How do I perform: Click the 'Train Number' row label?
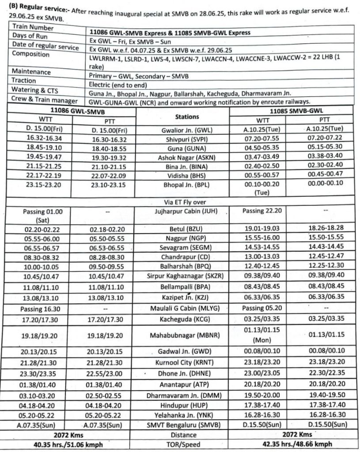[x=33, y=28]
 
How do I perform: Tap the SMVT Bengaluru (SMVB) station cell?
[x=183, y=426]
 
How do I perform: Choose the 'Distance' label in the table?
[x=183, y=435]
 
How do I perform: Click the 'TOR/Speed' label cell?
[x=183, y=444]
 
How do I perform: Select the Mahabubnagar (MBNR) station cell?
[x=183, y=336]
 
